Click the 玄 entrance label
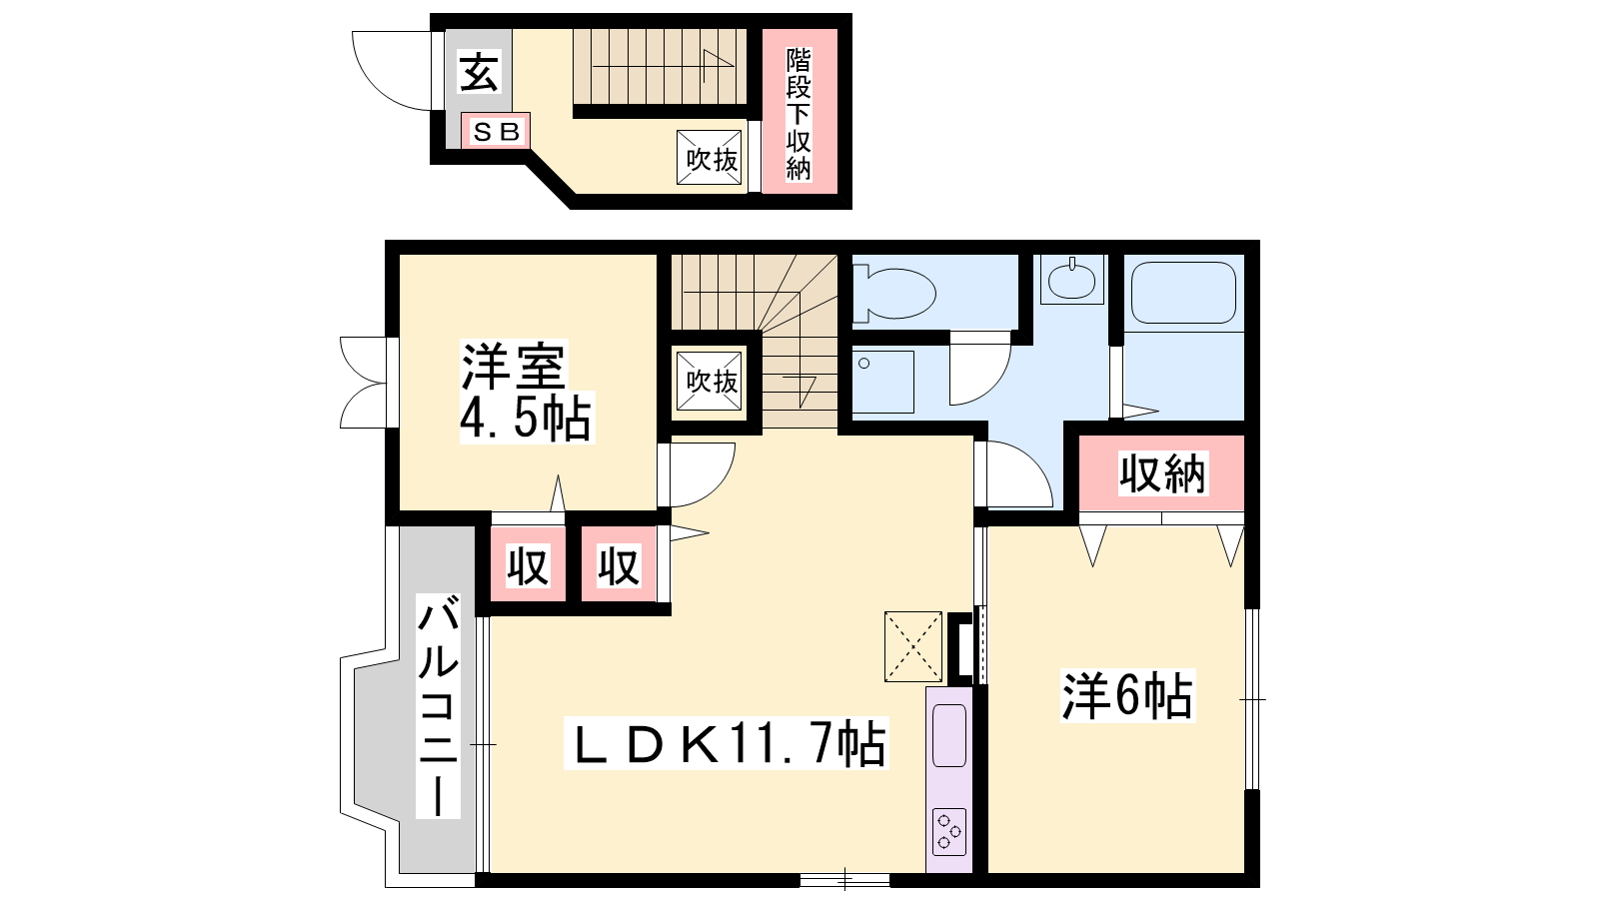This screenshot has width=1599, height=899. (x=479, y=72)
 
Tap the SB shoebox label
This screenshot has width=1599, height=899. (x=496, y=131)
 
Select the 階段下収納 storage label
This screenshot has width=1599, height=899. (x=799, y=114)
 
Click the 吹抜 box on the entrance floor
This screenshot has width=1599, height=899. (x=709, y=157)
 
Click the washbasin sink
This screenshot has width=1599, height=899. (x=1071, y=280)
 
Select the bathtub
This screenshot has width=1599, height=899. (x=1183, y=293)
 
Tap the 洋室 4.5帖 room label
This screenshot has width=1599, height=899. (x=526, y=392)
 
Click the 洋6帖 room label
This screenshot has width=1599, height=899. (x=1127, y=695)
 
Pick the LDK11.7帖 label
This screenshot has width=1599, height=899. (x=726, y=743)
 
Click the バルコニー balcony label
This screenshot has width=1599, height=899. (x=438, y=705)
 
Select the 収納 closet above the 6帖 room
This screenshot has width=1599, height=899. (x=1161, y=473)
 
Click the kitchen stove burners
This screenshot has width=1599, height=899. (x=949, y=832)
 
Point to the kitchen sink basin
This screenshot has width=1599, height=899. (x=949, y=735)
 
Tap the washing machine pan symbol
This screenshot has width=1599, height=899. (x=883, y=382)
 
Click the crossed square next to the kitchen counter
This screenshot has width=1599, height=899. (x=913, y=646)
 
